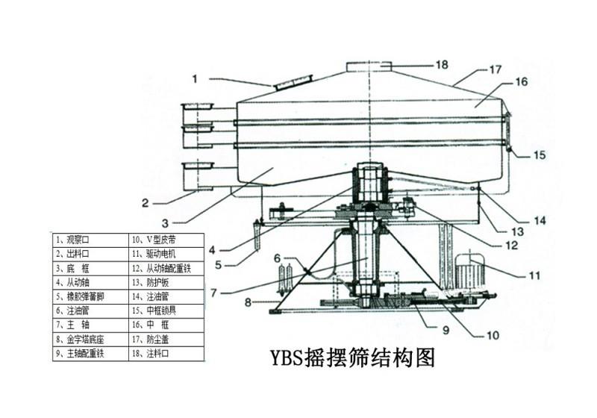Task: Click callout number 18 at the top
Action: (x=441, y=65)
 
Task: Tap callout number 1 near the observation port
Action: (x=195, y=78)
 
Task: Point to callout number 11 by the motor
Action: (x=534, y=275)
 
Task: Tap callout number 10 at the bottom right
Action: (x=493, y=335)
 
